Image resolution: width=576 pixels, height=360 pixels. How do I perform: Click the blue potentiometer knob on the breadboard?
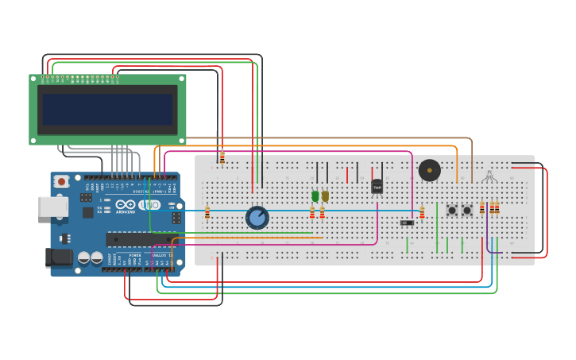click(x=257, y=217)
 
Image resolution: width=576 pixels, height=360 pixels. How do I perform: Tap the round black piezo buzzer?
click(x=429, y=170)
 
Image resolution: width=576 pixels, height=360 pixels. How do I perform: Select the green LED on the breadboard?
click(x=315, y=195)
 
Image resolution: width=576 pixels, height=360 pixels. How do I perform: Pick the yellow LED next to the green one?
click(x=325, y=195)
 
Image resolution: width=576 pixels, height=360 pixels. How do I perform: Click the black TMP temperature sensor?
click(x=377, y=187)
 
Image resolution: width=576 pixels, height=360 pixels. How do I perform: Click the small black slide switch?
click(x=407, y=223)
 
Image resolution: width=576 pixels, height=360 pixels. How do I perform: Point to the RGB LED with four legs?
click(x=489, y=176)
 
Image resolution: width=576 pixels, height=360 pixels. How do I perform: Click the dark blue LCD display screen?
click(x=107, y=110)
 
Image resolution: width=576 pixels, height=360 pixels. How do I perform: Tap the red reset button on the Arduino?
click(x=61, y=182)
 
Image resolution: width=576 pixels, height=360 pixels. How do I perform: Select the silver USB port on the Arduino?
click(x=52, y=207)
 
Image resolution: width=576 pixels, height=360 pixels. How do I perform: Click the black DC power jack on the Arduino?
click(x=59, y=257)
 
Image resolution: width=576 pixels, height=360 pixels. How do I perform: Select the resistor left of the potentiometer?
click(x=207, y=212)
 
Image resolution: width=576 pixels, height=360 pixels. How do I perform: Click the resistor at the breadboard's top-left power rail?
click(x=222, y=158)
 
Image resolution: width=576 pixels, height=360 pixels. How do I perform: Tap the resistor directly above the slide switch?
click(x=422, y=212)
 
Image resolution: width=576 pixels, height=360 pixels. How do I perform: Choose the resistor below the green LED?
click(x=312, y=213)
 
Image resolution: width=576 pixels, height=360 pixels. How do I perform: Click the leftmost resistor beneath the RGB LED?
click(x=482, y=208)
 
